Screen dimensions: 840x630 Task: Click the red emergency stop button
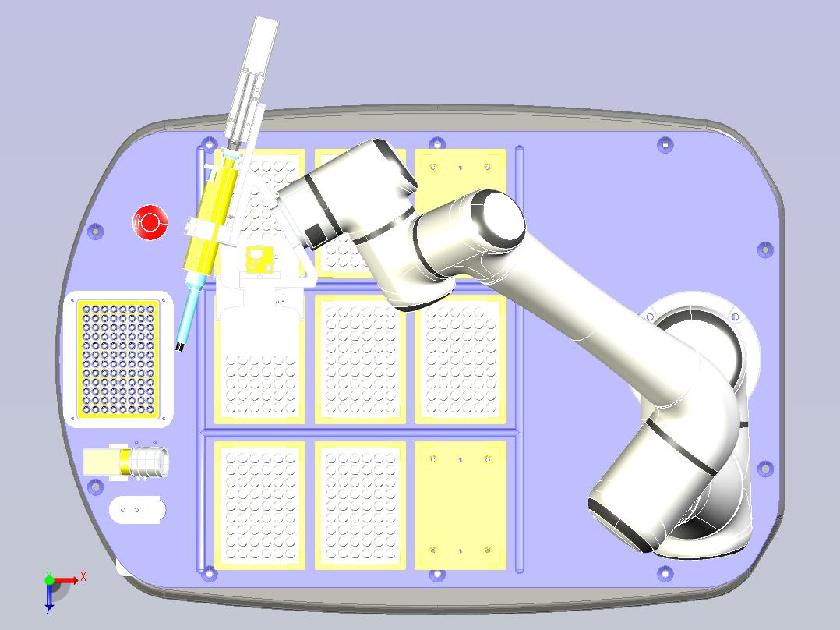click(150, 222)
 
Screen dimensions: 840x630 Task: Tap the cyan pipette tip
click(189, 313)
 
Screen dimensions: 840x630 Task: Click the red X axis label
click(83, 577)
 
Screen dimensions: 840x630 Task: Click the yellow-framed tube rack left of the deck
click(118, 359)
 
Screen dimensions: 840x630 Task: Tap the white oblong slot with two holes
click(137, 510)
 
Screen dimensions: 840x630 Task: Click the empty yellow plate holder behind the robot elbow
click(461, 177)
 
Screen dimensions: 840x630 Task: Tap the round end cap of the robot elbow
click(499, 219)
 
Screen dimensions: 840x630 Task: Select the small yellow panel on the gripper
click(260, 260)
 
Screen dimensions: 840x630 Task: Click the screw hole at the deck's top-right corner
click(665, 145)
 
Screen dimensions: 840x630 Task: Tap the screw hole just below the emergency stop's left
click(95, 232)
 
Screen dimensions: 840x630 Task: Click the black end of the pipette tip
click(179, 347)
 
